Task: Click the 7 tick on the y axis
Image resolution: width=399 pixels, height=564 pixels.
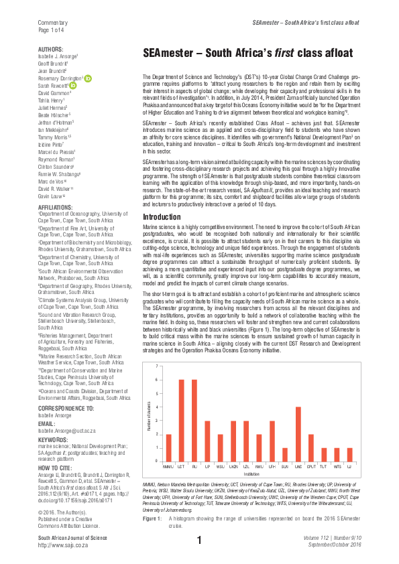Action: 156,366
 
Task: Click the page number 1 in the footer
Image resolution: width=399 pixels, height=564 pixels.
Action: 199,541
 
